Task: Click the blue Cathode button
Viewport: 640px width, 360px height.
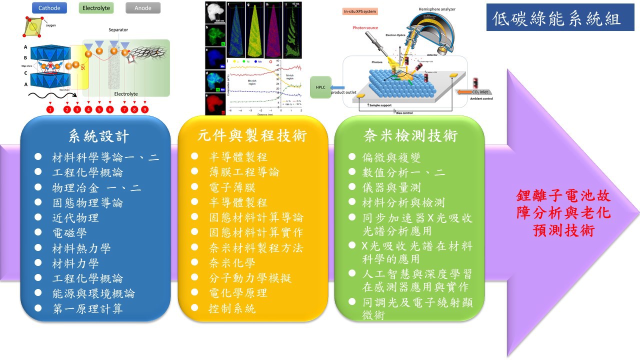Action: (x=49, y=7)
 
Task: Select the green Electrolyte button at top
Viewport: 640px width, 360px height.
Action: (x=96, y=7)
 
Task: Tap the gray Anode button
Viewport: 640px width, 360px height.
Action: (x=143, y=7)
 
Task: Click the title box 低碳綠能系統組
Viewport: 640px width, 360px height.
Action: (x=556, y=18)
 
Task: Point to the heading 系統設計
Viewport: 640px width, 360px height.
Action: (x=98, y=136)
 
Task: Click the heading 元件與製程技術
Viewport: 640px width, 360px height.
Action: (x=252, y=136)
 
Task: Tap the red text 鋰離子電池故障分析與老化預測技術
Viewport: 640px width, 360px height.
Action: (x=563, y=213)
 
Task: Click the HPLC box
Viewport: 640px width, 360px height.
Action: (x=320, y=87)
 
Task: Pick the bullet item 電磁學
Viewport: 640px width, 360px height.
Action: (x=69, y=233)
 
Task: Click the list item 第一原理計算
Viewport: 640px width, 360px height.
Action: (x=87, y=308)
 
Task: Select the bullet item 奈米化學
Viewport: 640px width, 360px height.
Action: (x=232, y=263)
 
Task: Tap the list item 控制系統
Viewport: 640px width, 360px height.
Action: (x=232, y=308)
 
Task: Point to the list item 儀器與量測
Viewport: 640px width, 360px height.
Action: (x=391, y=187)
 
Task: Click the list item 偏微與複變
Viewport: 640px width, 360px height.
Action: (x=391, y=157)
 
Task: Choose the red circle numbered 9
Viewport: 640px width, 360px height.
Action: (x=145, y=109)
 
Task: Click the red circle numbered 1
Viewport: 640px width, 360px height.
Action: (x=49, y=109)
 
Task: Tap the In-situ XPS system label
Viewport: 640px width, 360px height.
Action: (x=360, y=11)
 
